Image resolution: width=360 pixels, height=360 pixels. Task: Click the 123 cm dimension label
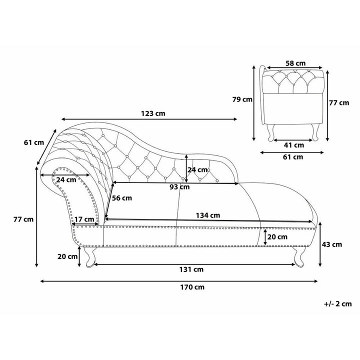click(x=153, y=113)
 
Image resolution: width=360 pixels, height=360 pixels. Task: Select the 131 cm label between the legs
click(x=191, y=269)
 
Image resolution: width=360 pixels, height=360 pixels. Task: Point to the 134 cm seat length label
click(x=208, y=215)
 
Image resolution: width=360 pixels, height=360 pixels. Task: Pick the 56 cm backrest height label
click(x=122, y=198)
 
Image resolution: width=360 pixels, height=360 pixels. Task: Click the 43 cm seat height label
click(x=332, y=244)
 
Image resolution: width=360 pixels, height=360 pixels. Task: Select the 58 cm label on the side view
click(x=295, y=63)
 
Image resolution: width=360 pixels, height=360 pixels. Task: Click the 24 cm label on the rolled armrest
click(x=66, y=179)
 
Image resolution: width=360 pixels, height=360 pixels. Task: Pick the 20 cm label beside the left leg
click(x=67, y=256)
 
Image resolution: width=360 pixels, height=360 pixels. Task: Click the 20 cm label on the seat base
click(x=277, y=237)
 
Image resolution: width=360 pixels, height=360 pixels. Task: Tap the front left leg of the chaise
click(x=90, y=257)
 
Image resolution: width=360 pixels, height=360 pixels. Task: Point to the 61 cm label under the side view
click(x=293, y=157)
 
